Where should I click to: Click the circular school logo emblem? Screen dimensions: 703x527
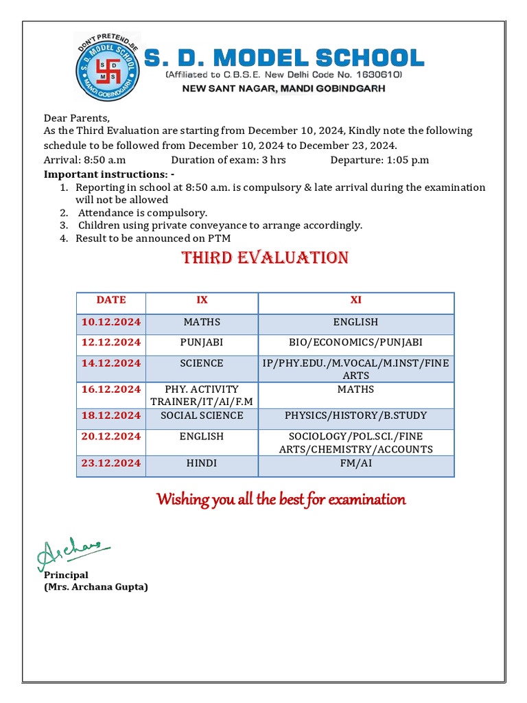[106, 67]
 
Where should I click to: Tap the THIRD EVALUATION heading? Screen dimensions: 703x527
[265, 258]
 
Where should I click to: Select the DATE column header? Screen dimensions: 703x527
[111, 300]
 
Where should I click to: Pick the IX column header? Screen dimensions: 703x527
[202, 300]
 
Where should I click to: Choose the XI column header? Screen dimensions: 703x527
[355, 300]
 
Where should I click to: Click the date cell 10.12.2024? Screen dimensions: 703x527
[111, 322]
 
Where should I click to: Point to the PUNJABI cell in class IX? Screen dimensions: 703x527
[202, 343]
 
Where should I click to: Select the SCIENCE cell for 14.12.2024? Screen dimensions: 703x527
[202, 363]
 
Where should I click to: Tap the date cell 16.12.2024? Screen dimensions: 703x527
[111, 390]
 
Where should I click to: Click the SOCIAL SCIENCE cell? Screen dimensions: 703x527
[202, 416]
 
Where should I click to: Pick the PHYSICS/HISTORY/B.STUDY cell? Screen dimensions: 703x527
[355, 416]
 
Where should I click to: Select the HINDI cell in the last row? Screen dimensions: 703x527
[202, 463]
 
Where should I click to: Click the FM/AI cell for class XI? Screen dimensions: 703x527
[355, 463]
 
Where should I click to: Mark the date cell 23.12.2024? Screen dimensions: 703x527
[111, 463]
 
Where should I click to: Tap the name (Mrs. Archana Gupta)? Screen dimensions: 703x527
[96, 587]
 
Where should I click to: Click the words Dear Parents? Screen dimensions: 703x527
[77, 118]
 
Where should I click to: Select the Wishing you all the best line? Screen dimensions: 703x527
[281, 499]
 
